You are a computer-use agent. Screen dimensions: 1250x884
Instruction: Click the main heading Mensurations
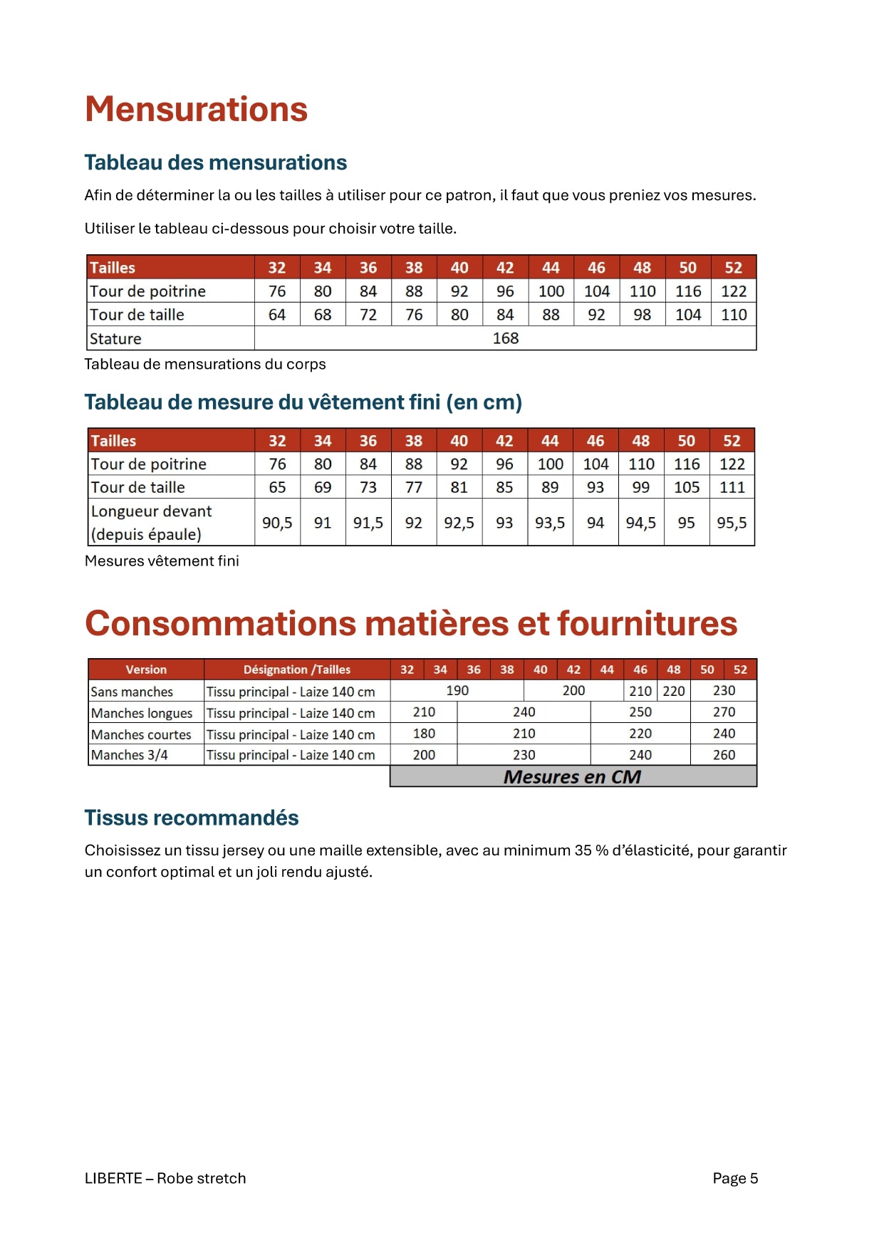[196, 110]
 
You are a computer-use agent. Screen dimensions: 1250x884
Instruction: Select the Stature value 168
[505, 338]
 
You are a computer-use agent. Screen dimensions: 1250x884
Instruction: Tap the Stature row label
[115, 339]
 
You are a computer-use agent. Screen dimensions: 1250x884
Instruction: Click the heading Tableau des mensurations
[215, 162]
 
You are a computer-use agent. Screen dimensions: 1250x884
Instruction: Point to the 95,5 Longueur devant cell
[732, 523]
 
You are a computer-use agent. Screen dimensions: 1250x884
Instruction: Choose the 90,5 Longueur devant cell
[277, 523]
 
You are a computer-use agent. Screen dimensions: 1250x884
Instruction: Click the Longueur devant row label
[151, 522]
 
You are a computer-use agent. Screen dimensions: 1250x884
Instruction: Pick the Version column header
[146, 670]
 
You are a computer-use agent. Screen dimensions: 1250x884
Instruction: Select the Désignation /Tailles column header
[296, 670]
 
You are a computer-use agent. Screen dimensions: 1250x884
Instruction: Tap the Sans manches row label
[132, 692]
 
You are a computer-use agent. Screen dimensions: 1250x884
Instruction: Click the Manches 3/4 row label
[130, 755]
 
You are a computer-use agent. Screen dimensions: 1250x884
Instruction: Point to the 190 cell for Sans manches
[457, 691]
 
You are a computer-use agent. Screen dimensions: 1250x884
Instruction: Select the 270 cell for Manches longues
[724, 712]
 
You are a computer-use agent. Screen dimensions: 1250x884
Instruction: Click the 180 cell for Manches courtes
[424, 734]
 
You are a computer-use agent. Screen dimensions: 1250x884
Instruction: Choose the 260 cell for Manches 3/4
[724, 755]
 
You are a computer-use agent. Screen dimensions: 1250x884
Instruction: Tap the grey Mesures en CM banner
[573, 776]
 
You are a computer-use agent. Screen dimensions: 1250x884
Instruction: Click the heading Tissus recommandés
[192, 818]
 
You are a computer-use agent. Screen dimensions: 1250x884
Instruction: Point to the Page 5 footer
[735, 1178]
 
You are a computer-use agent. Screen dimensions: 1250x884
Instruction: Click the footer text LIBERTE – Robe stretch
[165, 1178]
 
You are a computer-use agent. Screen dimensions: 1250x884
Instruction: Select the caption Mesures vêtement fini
[162, 561]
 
